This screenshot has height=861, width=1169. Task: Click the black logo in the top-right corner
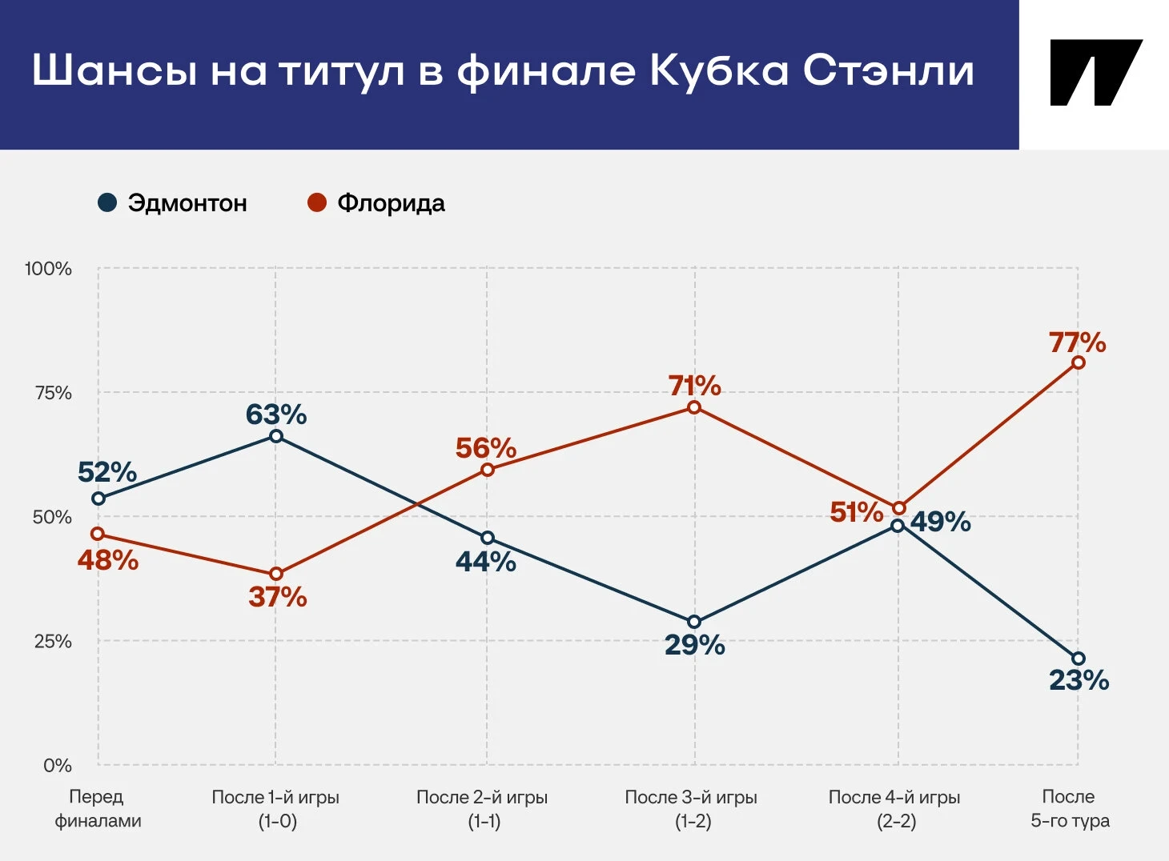click(x=1095, y=73)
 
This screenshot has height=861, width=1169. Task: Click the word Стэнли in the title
click(x=889, y=71)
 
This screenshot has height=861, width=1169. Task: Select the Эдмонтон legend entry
click(x=172, y=203)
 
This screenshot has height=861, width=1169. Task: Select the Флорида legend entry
click(x=376, y=203)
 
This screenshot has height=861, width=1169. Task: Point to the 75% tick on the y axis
click(x=53, y=393)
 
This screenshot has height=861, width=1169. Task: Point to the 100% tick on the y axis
click(x=48, y=269)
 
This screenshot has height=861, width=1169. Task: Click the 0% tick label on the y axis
click(x=58, y=766)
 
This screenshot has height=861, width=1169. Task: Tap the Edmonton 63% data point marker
click(x=276, y=436)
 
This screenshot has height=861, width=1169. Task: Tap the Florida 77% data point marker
click(x=1079, y=362)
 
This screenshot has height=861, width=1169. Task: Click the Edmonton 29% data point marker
click(x=694, y=622)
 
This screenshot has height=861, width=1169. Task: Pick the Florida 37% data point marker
click(x=276, y=574)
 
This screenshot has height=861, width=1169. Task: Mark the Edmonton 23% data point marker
click(x=1079, y=659)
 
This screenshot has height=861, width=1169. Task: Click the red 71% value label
click(x=694, y=386)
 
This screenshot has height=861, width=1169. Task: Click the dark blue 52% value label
click(x=107, y=472)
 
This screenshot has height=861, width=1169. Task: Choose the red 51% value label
click(x=856, y=512)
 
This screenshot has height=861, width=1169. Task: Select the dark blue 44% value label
click(x=485, y=562)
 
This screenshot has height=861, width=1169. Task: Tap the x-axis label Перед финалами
click(x=97, y=808)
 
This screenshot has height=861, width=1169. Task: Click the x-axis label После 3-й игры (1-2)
click(x=691, y=808)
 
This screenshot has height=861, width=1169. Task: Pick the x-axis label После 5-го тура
click(x=1070, y=808)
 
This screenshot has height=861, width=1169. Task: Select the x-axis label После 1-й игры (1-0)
click(x=276, y=808)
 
